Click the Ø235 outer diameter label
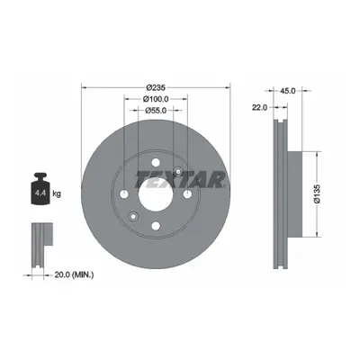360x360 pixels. pyautogui.click(x=156, y=87)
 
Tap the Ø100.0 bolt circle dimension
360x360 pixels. pyautogui.click(x=156, y=99)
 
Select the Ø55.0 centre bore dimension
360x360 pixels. pyautogui.click(x=156, y=111)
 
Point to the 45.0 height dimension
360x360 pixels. pyautogui.click(x=288, y=91)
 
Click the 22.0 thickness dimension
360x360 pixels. pyautogui.click(x=259, y=108)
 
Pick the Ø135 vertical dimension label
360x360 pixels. pyautogui.click(x=317, y=194)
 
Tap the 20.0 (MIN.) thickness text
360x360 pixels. pyautogui.click(x=74, y=274)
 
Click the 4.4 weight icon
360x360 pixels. pyautogui.click(x=40, y=189)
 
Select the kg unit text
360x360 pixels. pyautogui.click(x=57, y=193)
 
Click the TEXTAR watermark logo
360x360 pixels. pyautogui.click(x=181, y=179)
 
